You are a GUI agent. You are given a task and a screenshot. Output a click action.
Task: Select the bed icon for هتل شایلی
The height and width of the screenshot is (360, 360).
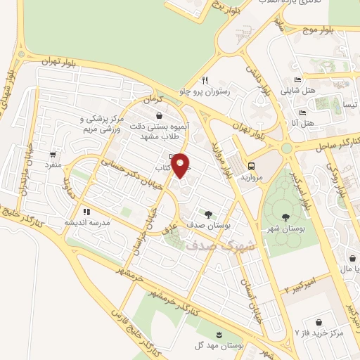point(298,79)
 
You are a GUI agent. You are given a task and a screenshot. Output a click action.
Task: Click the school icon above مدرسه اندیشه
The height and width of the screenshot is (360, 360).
point(86,211)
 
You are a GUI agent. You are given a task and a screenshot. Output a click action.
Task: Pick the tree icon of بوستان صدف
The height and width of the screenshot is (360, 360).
point(208,214)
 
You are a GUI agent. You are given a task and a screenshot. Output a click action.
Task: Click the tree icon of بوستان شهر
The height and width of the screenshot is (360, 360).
point(285,217)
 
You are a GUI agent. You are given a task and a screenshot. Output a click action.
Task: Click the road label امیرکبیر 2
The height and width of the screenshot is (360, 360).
point(297,285)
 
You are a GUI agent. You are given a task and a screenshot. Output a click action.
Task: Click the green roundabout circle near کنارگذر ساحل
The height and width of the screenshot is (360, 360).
point(286,148)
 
